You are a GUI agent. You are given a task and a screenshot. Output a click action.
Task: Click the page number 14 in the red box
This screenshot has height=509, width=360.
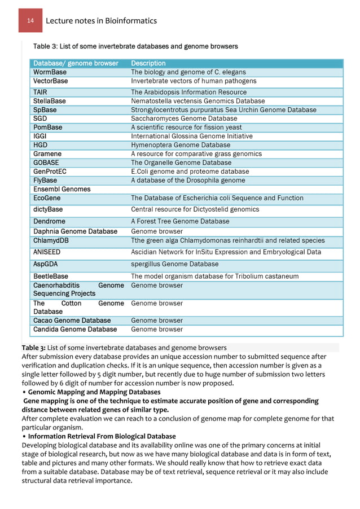coord(30,21)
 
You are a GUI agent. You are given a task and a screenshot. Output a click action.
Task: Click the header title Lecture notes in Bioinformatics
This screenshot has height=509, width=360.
coord(101,21)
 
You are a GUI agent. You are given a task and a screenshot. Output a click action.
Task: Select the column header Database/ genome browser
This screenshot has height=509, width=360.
coord(76,63)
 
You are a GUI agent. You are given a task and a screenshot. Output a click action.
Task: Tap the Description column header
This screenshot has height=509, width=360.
coord(148,63)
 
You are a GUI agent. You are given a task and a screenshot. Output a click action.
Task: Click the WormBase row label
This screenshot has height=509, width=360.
coord(50,72)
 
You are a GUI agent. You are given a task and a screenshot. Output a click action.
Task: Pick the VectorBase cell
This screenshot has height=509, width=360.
coord(51,81)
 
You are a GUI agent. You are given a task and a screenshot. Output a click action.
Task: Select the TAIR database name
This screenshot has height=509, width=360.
coord(40,92)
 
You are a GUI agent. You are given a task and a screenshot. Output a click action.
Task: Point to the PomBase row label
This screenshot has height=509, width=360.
coord(48,128)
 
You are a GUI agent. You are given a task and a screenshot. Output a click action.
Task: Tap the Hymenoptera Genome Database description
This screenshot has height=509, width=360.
coord(181,145)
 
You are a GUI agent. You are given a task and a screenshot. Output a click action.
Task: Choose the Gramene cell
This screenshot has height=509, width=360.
coord(47,153)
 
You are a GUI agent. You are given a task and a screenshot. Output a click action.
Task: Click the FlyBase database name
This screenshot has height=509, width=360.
coord(45,180)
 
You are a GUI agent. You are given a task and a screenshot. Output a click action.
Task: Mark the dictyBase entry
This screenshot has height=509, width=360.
coord(48,209)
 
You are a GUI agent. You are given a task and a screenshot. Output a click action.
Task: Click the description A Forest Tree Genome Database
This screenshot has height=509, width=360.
coord(180,221)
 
